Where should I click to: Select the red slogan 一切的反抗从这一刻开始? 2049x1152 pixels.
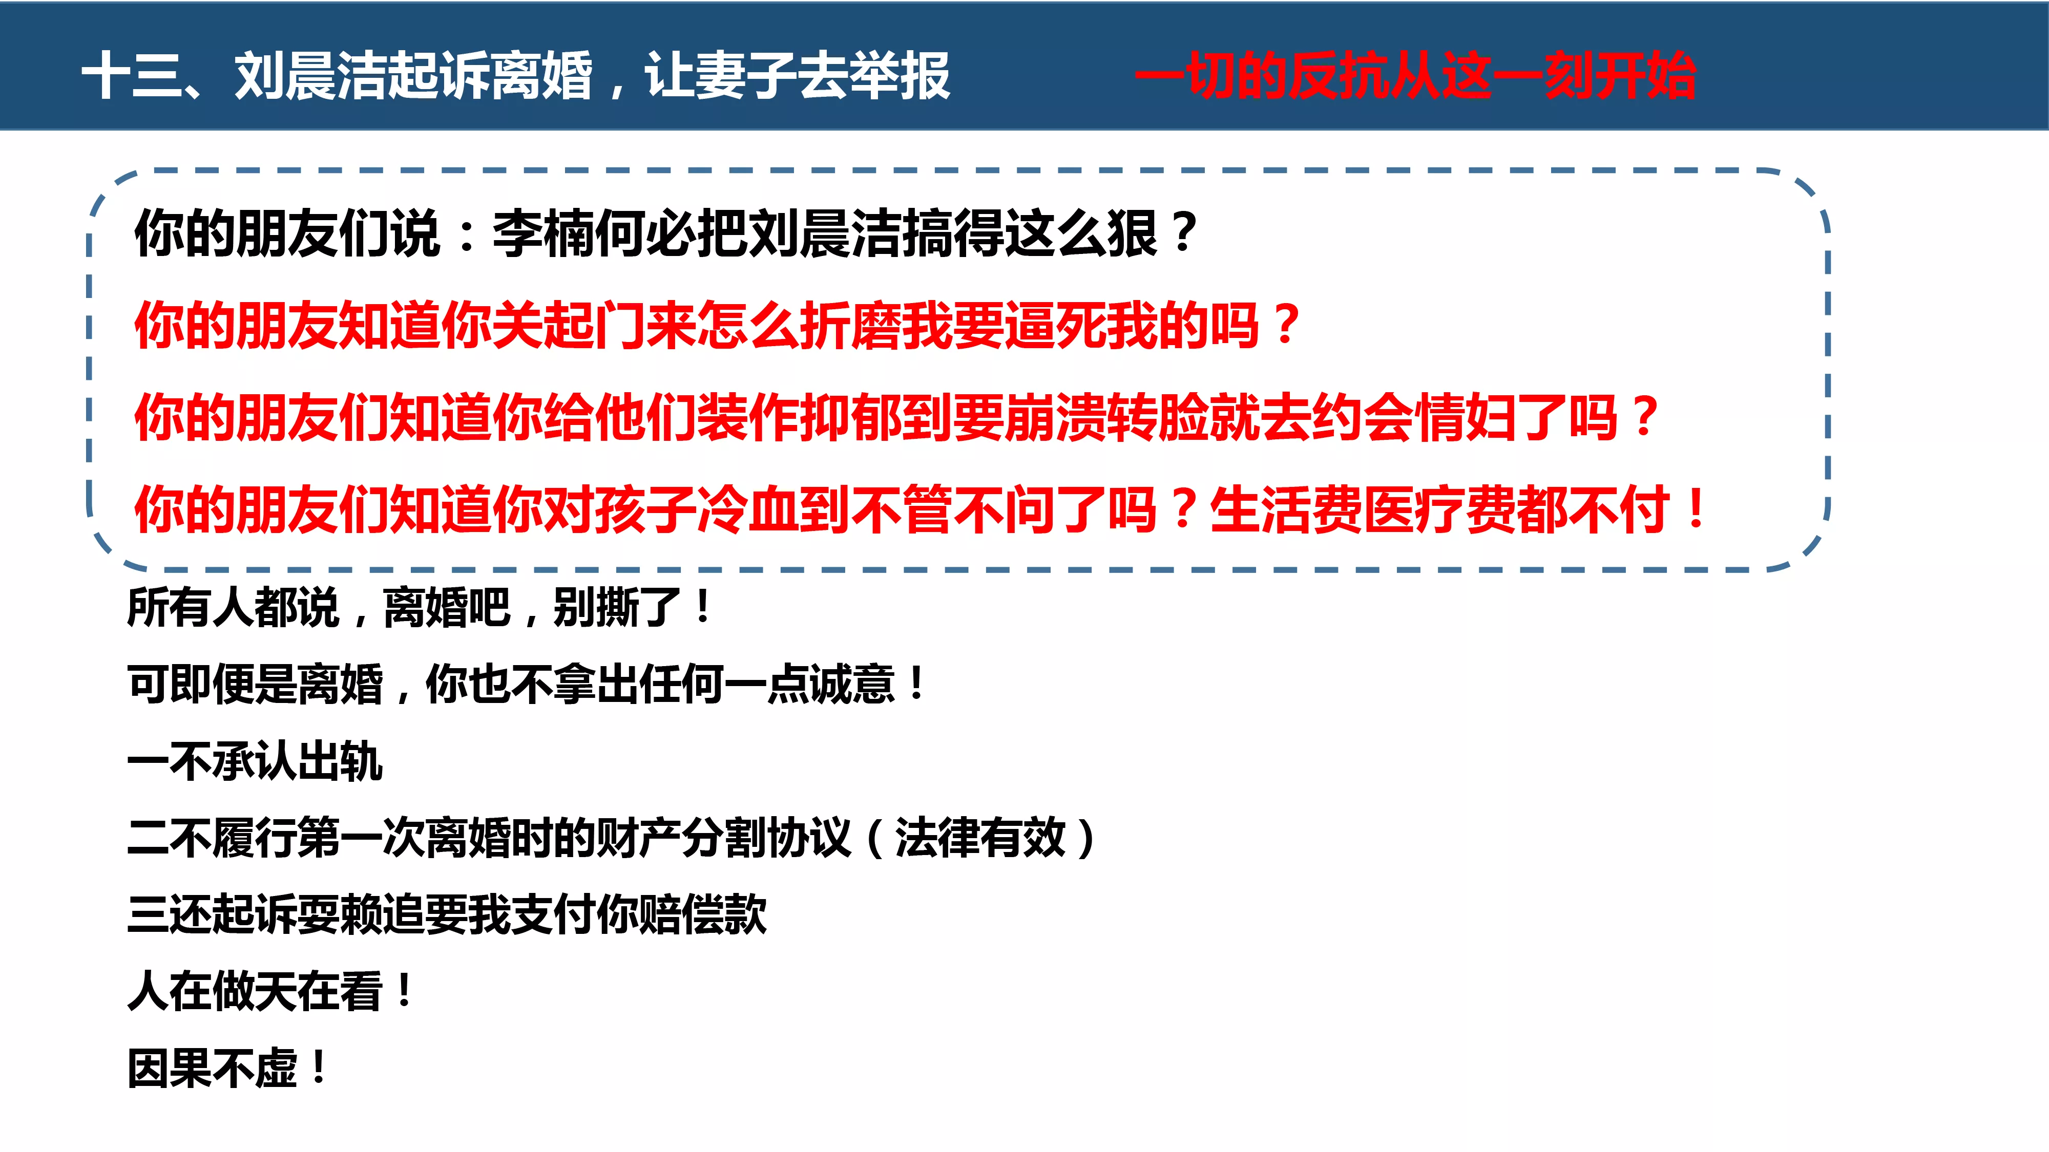click(1416, 76)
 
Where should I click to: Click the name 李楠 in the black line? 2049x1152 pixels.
click(542, 234)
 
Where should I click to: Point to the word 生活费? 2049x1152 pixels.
click(1286, 509)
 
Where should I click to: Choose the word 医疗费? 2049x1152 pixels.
click(1440, 509)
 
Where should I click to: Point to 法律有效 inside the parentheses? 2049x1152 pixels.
click(980, 838)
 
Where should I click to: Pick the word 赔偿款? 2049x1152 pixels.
click(703, 914)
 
